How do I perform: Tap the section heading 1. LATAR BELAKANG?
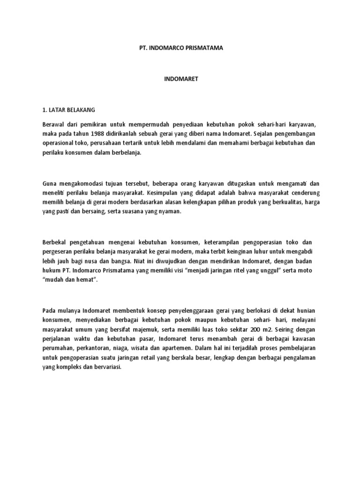[x=68, y=110]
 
